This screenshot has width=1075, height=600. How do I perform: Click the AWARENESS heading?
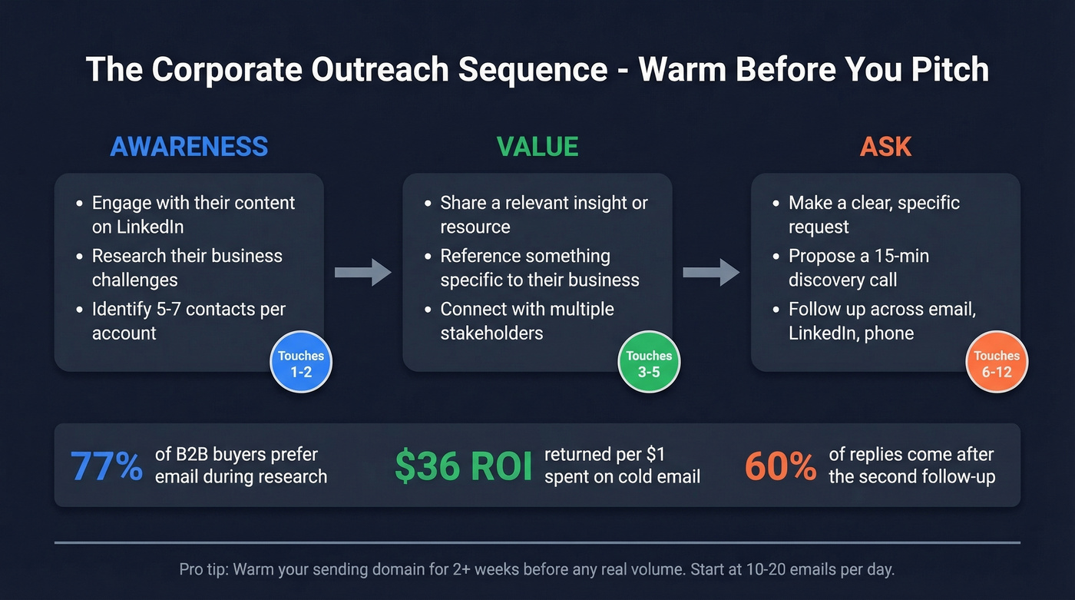pyautogui.click(x=189, y=147)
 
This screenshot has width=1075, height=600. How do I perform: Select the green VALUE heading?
pyautogui.click(x=537, y=147)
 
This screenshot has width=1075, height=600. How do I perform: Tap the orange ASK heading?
pyautogui.click(x=885, y=147)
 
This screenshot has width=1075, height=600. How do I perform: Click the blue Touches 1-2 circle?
pyautogui.click(x=301, y=363)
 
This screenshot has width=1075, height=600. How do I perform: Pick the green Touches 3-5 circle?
pyautogui.click(x=649, y=363)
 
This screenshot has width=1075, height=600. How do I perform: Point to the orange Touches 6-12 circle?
pyautogui.click(x=997, y=363)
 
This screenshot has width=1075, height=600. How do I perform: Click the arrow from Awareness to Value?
pyautogui.click(x=362, y=273)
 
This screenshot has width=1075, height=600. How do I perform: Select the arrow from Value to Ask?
pyautogui.click(x=711, y=273)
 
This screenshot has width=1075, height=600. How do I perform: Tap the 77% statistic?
pyautogui.click(x=106, y=466)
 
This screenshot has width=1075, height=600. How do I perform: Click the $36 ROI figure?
pyautogui.click(x=463, y=466)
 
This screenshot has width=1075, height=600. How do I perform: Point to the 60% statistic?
pyautogui.click(x=780, y=466)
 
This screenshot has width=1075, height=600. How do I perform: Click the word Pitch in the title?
pyautogui.click(x=950, y=70)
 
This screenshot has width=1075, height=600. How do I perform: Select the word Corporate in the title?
pyautogui.click(x=225, y=70)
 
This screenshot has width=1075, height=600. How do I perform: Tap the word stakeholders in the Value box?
pyautogui.click(x=491, y=333)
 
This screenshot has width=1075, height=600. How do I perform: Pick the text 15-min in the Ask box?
pyautogui.click(x=903, y=256)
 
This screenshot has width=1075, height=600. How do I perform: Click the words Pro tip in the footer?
pyautogui.click(x=203, y=570)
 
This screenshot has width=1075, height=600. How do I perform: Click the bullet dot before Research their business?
pyautogui.click(x=80, y=257)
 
